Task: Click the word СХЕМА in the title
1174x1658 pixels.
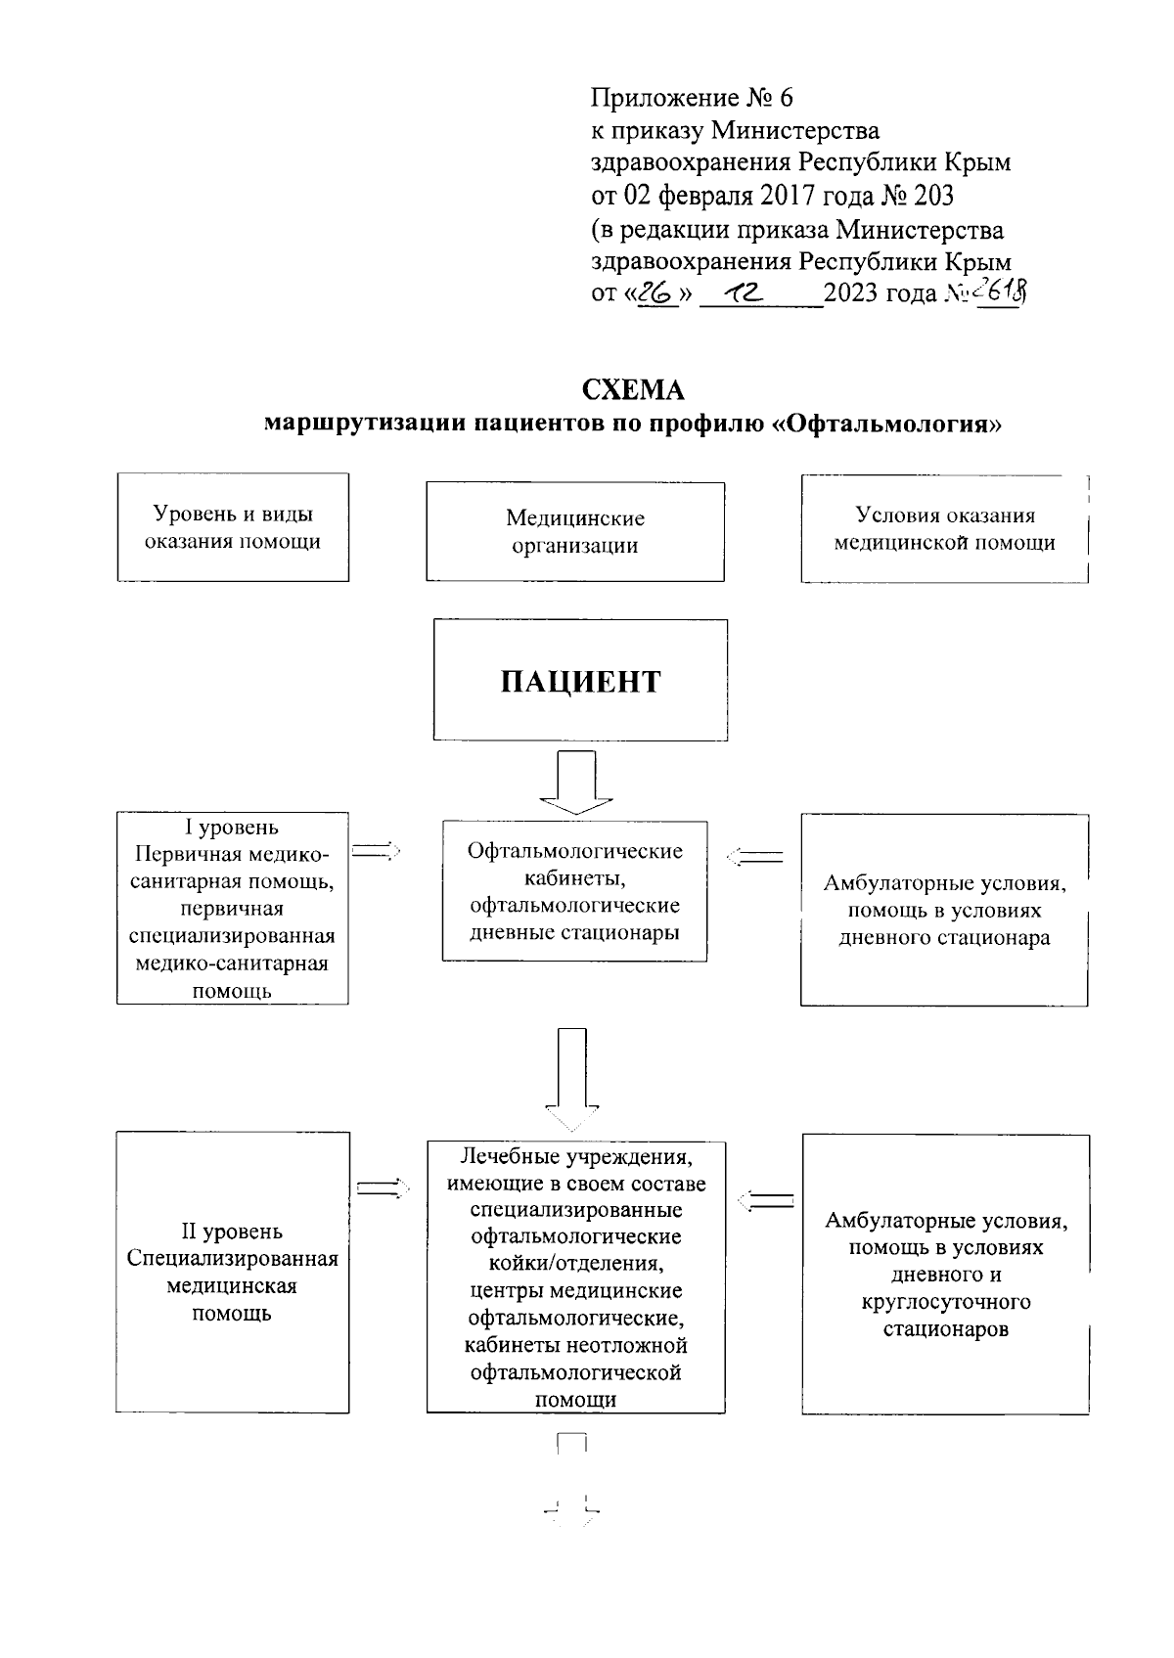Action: [x=633, y=390]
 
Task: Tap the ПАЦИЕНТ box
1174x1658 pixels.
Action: [x=580, y=680]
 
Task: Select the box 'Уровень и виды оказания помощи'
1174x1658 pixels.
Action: [x=233, y=527]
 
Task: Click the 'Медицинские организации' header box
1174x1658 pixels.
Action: [x=575, y=531]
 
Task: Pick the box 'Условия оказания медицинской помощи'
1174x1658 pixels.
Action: [x=944, y=528]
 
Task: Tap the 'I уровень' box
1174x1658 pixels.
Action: [x=233, y=908]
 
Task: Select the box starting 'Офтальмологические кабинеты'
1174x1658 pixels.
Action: [x=574, y=890]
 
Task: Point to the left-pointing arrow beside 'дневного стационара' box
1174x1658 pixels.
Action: [x=754, y=858]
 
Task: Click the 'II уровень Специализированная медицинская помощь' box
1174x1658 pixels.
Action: [x=233, y=1272]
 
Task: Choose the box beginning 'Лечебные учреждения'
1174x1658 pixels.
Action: [x=575, y=1277]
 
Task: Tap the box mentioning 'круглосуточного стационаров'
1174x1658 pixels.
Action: [x=945, y=1274]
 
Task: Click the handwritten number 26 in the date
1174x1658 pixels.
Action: [x=657, y=293]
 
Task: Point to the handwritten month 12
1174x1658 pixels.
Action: [x=745, y=293]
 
